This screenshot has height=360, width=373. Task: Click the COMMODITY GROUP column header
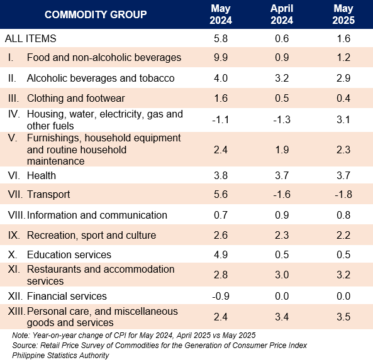pos(96,14)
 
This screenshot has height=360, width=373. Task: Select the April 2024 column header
pos(282,14)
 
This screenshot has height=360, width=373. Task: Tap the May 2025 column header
pos(343,14)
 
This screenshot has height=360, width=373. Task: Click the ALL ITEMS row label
pos(30,38)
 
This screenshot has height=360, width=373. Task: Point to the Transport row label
pos(48,194)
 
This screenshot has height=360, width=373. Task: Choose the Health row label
pos(42,176)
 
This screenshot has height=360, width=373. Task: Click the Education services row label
pos(69,254)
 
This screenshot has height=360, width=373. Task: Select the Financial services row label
pos(67,296)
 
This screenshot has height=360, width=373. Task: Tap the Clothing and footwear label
pos(76,99)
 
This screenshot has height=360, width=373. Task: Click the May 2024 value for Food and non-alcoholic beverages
pos(221,58)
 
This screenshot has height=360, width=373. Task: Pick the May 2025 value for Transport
pos(343,194)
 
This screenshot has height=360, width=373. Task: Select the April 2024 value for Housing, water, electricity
pos(282,119)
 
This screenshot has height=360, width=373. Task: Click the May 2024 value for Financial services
pos(221,296)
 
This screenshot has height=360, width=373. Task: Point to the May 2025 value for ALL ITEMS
pos(343,38)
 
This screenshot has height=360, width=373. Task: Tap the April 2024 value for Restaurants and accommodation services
pos(282,275)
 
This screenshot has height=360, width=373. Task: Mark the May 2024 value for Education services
pos(221,254)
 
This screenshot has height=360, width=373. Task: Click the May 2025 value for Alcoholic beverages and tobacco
pos(343,78)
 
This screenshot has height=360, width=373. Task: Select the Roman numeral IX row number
pos(14,235)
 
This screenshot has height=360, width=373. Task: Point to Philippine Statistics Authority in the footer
pos(60,355)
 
